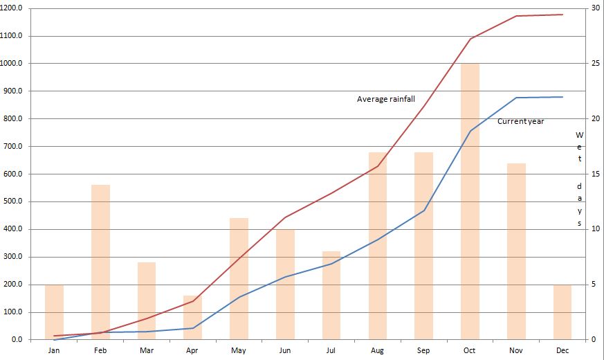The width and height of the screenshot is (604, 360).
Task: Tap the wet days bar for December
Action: [x=562, y=312]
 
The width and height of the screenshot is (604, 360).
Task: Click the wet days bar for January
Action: [x=54, y=312]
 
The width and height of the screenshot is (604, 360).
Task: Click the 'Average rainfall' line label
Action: [x=385, y=99]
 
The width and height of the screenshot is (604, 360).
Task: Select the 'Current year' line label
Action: [x=520, y=121]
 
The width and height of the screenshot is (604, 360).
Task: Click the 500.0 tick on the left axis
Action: [x=15, y=201]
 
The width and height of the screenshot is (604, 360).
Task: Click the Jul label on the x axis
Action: [x=331, y=350]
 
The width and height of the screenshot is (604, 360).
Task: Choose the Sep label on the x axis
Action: [x=423, y=350]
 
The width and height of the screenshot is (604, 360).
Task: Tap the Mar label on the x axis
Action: [x=147, y=350]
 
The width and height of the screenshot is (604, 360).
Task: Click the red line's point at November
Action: [x=516, y=16]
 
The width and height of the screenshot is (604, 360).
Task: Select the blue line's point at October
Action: [x=470, y=131]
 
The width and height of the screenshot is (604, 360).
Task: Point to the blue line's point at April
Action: [x=193, y=328]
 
